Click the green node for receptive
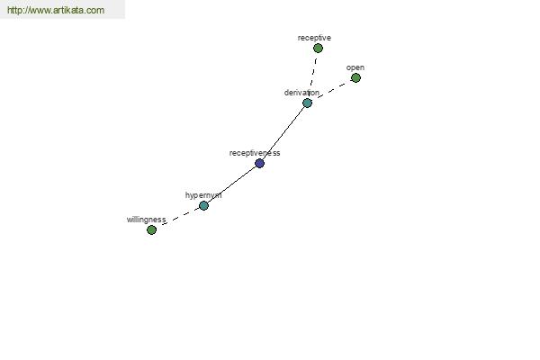[318, 49]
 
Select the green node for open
[355, 78]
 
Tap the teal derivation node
[307, 103]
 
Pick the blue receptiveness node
[260, 163]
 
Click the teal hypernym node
[203, 206]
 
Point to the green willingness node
[151, 229]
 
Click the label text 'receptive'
[314, 38]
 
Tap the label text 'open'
[355, 67]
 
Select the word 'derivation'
[301, 93]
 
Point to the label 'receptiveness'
[255, 153]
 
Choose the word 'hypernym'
[203, 195]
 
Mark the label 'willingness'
[146, 220]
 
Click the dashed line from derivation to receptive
[312, 75]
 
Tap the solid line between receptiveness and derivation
[283, 133]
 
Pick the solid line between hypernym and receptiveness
[231, 184]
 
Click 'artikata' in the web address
[68, 10]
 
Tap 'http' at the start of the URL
[14, 10]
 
